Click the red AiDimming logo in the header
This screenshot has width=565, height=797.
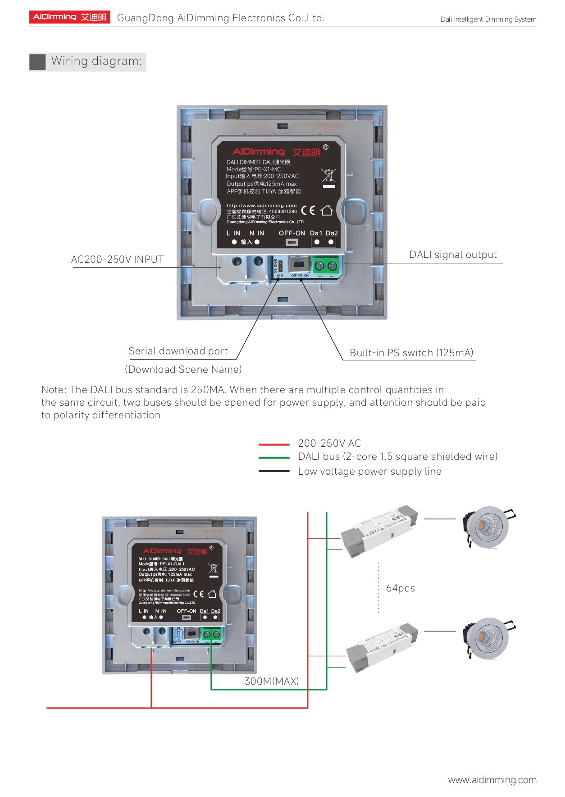pos(70,17)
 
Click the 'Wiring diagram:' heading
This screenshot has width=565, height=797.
pos(96,61)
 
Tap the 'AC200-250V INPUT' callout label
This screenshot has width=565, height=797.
pos(117,260)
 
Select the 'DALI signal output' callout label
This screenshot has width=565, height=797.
pos(453,255)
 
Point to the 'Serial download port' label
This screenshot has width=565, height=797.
pos(178,351)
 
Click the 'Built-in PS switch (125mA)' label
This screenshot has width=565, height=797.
pos(411,353)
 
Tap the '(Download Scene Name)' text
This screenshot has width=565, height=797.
pos(183,370)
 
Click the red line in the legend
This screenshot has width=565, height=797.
pos(274,444)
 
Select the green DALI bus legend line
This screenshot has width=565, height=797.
pos(274,458)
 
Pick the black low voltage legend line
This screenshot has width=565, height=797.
pos(274,471)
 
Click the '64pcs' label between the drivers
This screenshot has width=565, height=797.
pos(401,588)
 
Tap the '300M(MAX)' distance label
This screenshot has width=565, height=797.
pos(272,681)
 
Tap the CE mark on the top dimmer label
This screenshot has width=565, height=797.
pos(308,211)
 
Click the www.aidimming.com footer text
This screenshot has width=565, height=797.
pos(492,780)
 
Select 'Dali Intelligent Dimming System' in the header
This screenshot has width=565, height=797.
pos(488,19)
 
